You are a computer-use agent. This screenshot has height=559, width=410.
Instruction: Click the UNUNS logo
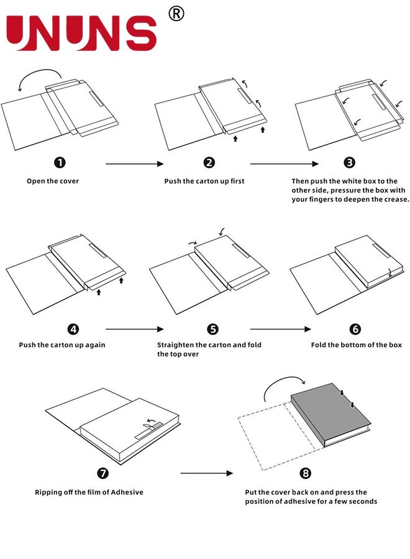click(x=81, y=32)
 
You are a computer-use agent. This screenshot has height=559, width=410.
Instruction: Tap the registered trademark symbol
click(x=176, y=13)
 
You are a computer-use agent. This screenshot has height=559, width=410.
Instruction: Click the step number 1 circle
click(x=60, y=163)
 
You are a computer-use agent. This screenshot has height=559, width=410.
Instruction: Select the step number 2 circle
click(x=209, y=163)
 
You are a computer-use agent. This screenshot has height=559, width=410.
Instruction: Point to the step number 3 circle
click(x=350, y=163)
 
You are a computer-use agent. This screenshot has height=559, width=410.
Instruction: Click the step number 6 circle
click(x=355, y=329)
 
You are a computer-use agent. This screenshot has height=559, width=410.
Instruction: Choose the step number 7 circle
click(x=103, y=473)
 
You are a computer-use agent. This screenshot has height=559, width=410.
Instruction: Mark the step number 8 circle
click(x=305, y=473)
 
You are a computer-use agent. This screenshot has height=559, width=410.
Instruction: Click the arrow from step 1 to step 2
click(x=134, y=164)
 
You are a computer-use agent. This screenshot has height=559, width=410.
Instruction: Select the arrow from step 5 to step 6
click(x=280, y=329)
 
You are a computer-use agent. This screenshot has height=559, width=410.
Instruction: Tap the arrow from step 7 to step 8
click(x=207, y=473)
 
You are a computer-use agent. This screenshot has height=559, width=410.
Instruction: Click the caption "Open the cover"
click(x=53, y=181)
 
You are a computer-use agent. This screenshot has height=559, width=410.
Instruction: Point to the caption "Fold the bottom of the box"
click(x=357, y=345)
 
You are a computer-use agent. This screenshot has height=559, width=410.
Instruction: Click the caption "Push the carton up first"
click(x=204, y=181)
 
